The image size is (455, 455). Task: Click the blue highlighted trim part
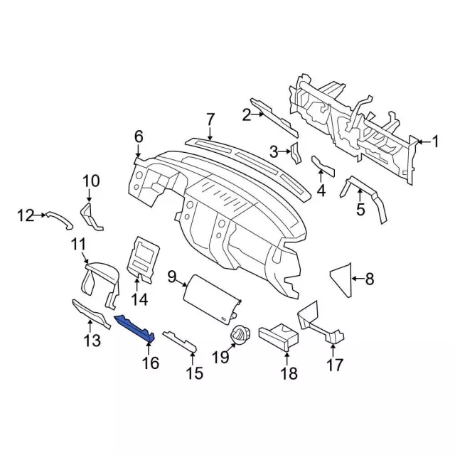pyautogui.click(x=135, y=328)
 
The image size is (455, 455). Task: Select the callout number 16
pyautogui.click(x=151, y=363)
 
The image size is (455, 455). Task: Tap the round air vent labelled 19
pyautogui.click(x=240, y=336)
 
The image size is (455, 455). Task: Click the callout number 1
pyautogui.click(x=434, y=142)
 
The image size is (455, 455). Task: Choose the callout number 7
pyautogui.click(x=210, y=119)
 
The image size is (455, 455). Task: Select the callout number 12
pyautogui.click(x=26, y=215)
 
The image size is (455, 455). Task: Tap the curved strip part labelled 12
pyautogui.click(x=60, y=220)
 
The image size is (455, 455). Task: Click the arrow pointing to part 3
pyautogui.click(x=284, y=151)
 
